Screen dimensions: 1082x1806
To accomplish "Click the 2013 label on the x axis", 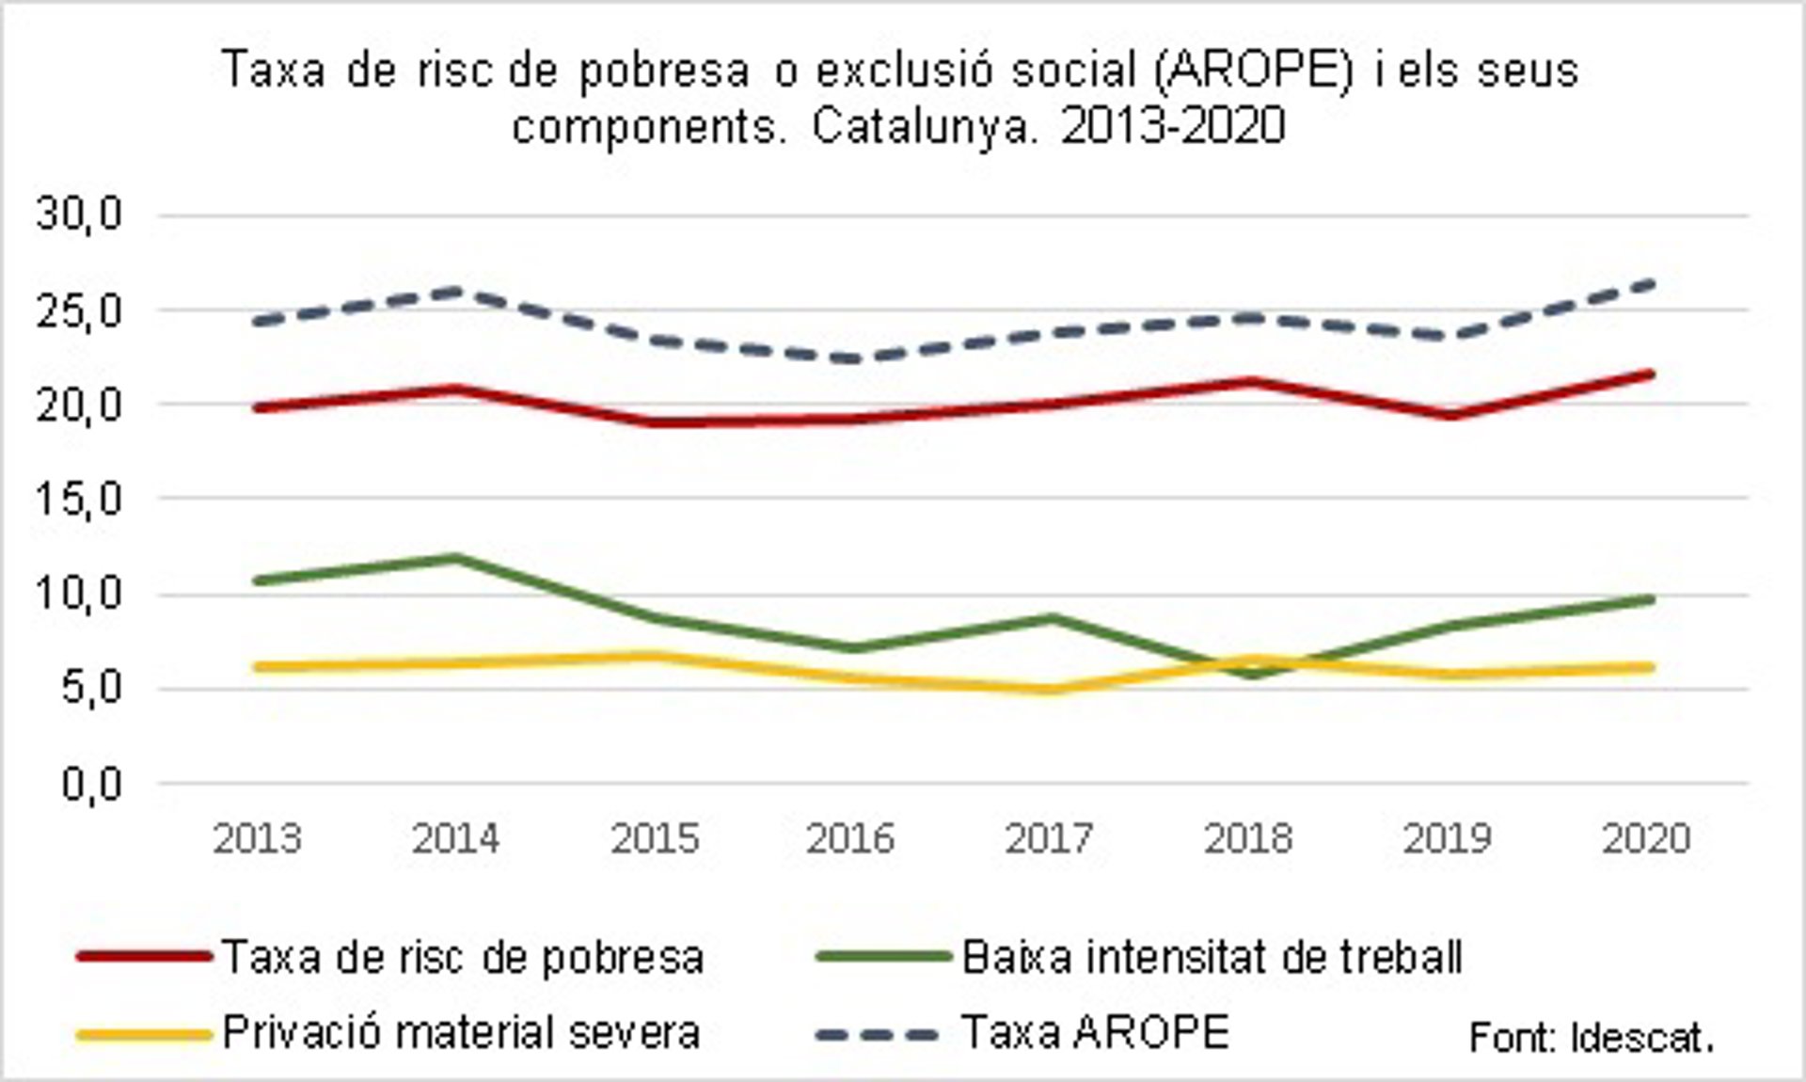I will click(x=257, y=837).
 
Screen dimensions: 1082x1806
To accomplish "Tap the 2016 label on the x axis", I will click(x=850, y=837).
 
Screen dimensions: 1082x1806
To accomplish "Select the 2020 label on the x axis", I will click(x=1646, y=837).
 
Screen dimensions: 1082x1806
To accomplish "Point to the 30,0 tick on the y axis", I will click(x=80, y=215).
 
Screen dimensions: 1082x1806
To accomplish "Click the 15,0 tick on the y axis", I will click(x=80, y=499).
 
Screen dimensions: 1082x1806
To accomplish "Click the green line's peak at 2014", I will click(x=457, y=557).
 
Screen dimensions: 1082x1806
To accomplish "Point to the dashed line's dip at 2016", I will click(x=852, y=358).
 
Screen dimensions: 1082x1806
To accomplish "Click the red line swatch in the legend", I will click(x=143, y=957).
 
